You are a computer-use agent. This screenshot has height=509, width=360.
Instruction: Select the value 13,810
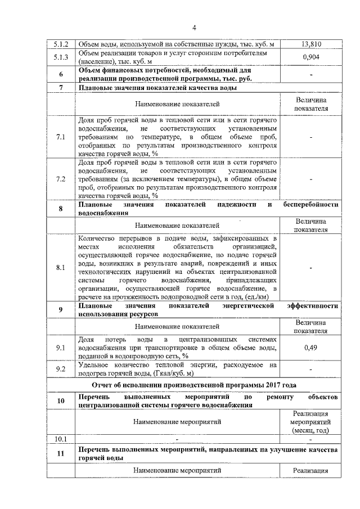coord(311,44)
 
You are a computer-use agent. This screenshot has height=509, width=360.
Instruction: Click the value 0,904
coord(311,57)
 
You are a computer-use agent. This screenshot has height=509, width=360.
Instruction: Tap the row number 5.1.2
coord(60,44)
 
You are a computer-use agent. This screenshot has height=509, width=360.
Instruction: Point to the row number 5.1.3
coord(60,57)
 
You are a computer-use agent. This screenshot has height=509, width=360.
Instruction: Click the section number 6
coord(60,75)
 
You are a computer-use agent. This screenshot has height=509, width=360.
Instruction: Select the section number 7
coord(60,88)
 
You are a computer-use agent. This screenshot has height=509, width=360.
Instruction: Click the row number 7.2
coord(60,179)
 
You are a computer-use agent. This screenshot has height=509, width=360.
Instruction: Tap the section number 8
coord(60,209)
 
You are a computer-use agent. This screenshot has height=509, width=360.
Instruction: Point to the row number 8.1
coord(60,268)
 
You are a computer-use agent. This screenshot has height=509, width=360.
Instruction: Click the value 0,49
coord(311,348)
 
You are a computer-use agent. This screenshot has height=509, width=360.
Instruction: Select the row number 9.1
coord(60,348)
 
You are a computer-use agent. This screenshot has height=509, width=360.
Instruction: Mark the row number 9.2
coord(60,369)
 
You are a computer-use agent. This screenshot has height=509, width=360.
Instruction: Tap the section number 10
coord(60,401)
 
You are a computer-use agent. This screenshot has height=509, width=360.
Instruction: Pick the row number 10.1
coord(60,439)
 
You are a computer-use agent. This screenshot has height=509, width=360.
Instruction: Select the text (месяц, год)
coord(311,430)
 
